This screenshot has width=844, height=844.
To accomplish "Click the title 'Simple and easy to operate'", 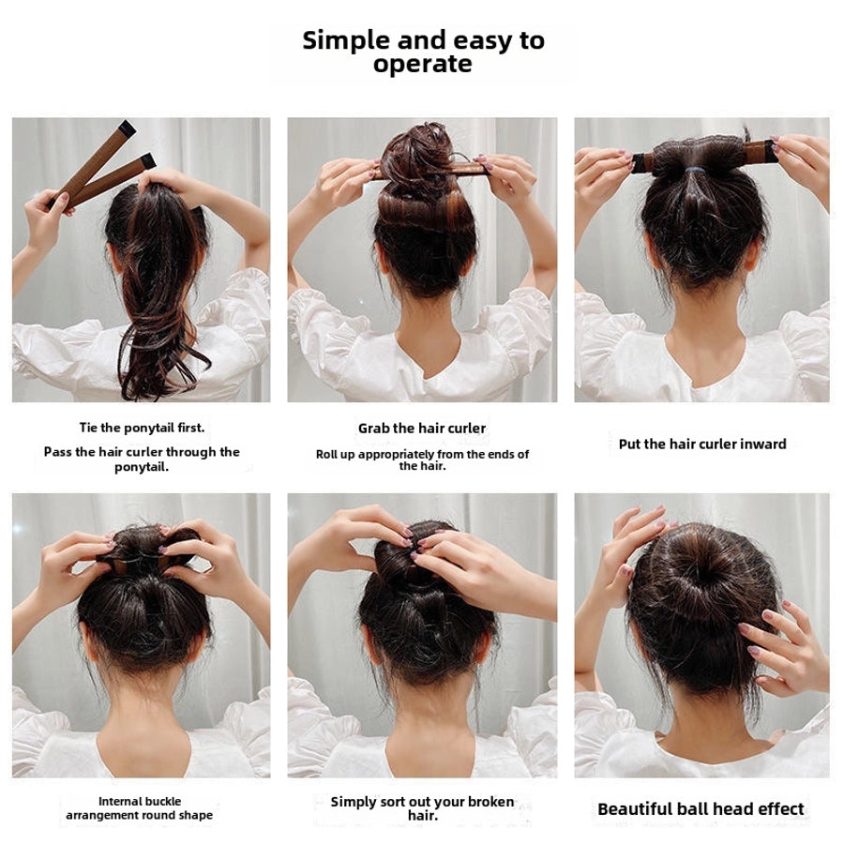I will (423, 53).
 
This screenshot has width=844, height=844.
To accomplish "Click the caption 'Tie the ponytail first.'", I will (142, 428).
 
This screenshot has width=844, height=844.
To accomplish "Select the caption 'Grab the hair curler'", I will (422, 429).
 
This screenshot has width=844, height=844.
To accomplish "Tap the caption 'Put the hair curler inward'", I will (702, 444).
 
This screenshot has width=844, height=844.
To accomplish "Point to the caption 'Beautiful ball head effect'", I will (701, 808).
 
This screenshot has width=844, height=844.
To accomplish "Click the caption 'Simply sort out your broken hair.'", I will (422, 808).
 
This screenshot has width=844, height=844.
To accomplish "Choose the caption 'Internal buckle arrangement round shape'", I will (140, 808).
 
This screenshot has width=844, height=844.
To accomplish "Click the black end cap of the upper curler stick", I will (127, 128).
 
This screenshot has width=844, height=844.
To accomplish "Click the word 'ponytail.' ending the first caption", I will (142, 467).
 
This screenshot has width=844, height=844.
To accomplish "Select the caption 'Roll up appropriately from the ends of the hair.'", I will (422, 460).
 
